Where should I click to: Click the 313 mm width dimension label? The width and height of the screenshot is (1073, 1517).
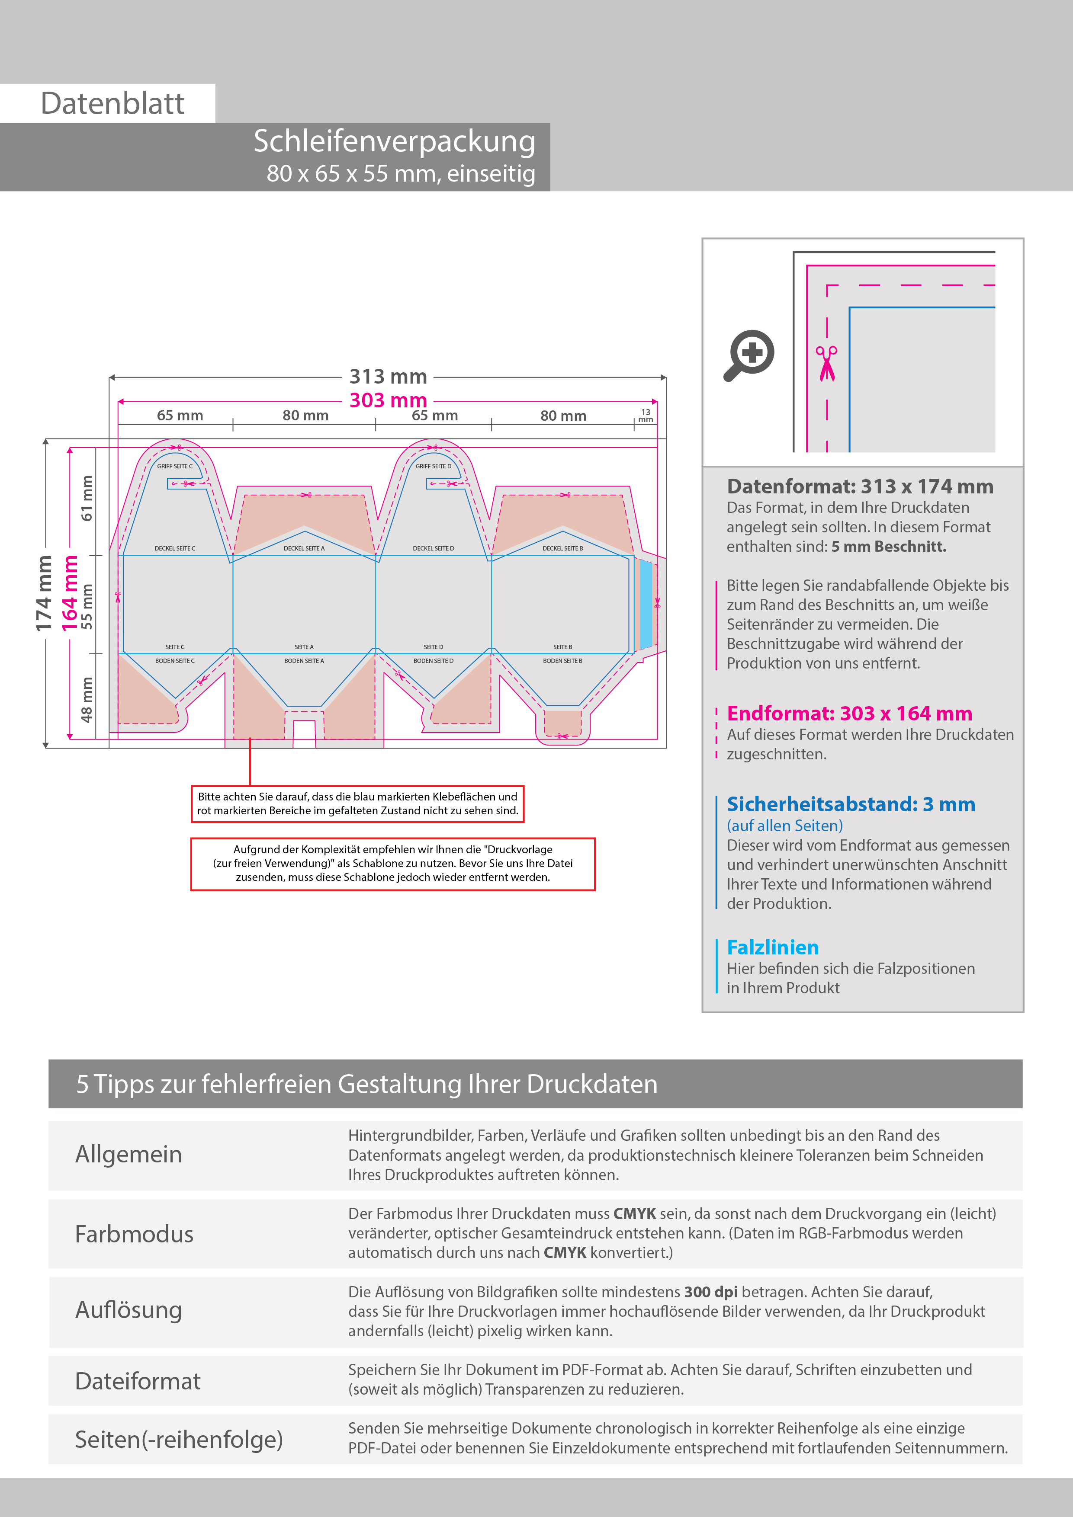pos(388,377)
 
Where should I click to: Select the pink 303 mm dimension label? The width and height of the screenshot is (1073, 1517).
pos(388,400)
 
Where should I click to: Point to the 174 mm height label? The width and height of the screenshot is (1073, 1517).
pos(44,593)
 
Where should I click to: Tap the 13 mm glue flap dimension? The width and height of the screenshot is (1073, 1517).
pos(645,416)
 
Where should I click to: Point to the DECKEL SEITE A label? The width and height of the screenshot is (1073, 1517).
pos(304,548)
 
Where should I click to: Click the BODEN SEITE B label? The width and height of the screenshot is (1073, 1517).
pos(562,661)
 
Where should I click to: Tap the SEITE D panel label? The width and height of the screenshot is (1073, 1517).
pos(433,647)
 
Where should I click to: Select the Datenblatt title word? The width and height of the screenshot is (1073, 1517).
pos(112,104)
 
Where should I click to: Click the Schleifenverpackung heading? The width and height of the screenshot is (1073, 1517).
pos(394,141)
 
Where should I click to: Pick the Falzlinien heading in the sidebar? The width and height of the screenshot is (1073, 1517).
pos(772,947)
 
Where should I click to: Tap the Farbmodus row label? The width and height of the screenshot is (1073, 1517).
pos(134,1234)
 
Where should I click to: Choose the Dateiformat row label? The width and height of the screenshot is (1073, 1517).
pos(138,1381)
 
